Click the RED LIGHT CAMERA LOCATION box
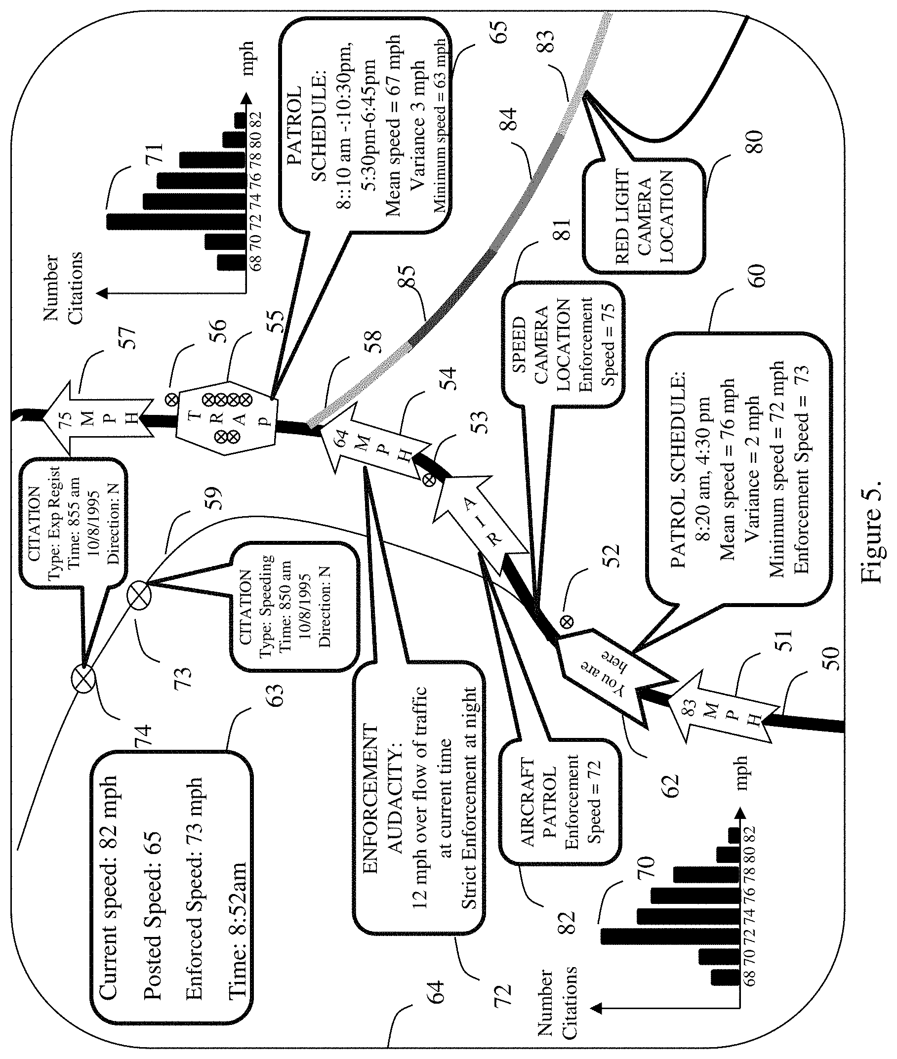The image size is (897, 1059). point(645,216)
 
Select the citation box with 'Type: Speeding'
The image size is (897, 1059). point(294,606)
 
